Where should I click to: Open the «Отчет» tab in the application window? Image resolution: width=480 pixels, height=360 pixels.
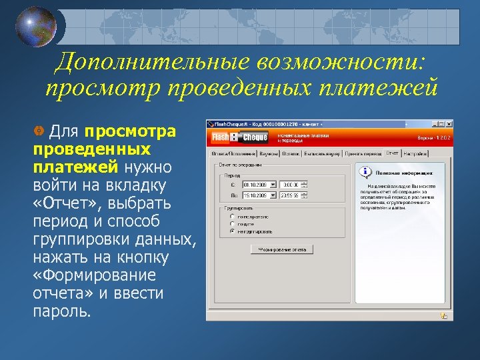coord(392,153)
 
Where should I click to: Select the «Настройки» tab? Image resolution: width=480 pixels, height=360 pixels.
coord(415,153)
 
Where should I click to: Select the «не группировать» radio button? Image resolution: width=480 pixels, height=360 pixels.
coord(232,231)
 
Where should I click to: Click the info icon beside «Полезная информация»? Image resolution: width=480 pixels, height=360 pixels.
coord(365,171)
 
